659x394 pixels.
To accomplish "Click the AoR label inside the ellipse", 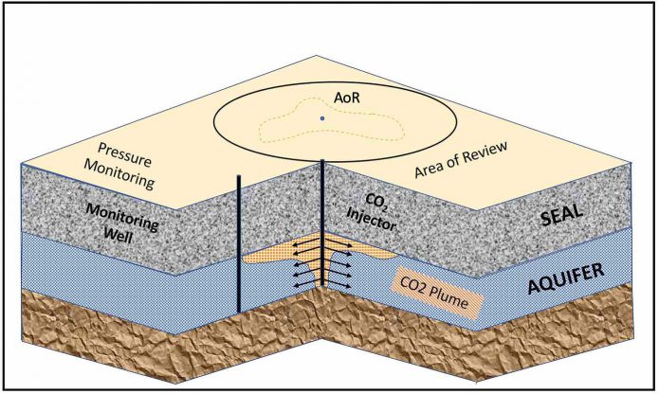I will (x=323, y=98).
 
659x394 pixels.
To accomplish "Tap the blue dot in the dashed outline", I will (x=322, y=117).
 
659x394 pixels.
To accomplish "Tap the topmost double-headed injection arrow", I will (x=323, y=244).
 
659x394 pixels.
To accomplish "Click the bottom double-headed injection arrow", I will (x=323, y=283).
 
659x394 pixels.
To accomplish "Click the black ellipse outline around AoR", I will (x=213, y=119).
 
